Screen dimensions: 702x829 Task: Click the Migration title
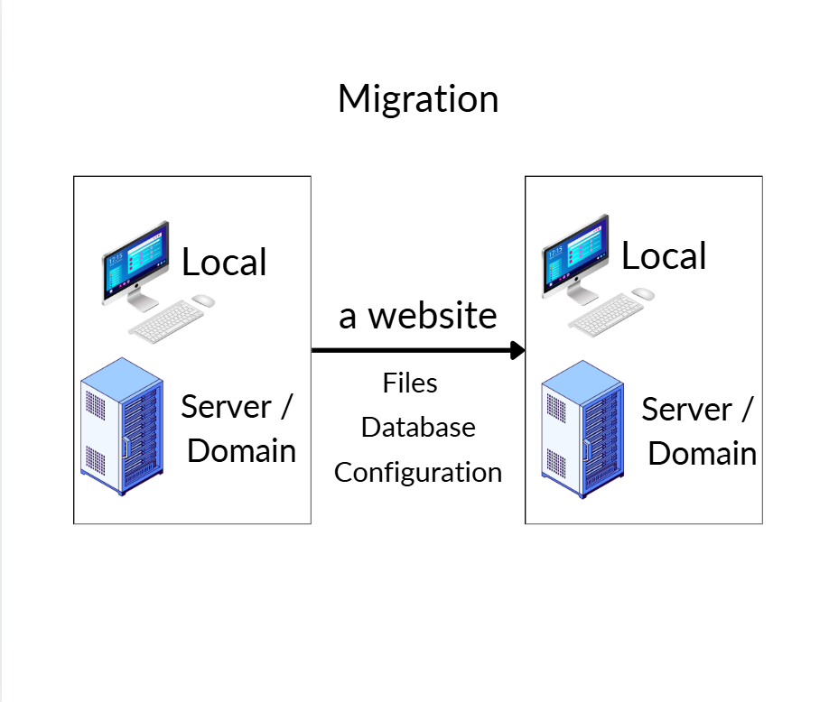pos(418,98)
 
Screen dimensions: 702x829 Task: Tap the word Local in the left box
pos(224,263)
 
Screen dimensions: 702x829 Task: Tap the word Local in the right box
pos(664,256)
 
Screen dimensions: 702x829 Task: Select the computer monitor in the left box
pos(135,260)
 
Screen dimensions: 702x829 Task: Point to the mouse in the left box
pos(203,300)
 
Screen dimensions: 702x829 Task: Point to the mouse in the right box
pos(643,294)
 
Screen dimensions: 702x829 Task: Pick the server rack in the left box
pos(122,417)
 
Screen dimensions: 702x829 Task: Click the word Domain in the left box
pos(241,449)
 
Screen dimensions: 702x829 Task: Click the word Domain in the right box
pos(703,453)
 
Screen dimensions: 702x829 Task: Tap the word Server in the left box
pos(226,406)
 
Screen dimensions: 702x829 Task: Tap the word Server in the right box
pos(686,410)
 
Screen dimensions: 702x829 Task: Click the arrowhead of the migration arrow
pos(517,350)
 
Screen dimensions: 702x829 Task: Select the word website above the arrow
pos(433,316)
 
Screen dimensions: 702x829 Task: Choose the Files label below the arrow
pos(410,383)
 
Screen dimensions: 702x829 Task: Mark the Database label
pos(418,427)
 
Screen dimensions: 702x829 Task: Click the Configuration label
pos(418,472)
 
